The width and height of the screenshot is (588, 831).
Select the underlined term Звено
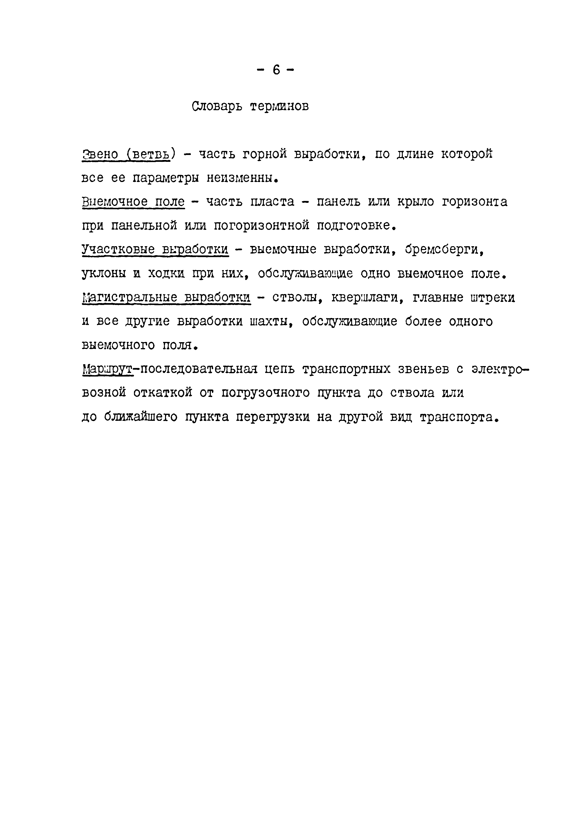click(100, 154)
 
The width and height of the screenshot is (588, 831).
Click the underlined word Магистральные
click(130, 298)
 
